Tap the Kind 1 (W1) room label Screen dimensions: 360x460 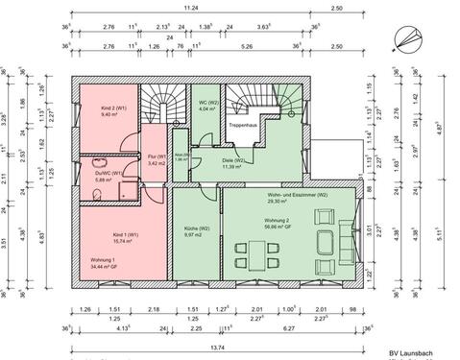119,234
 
